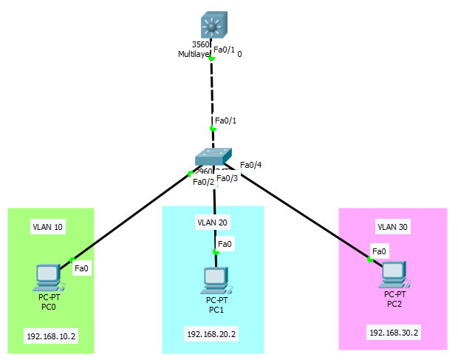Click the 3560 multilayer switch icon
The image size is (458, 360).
[213, 27]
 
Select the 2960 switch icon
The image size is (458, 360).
[214, 157]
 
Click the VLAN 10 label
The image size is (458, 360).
[47, 225]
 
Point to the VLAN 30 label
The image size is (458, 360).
[392, 227]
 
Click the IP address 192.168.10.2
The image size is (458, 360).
[51, 336]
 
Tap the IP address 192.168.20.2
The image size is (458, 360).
[211, 334]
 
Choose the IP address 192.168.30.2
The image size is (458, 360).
[394, 333]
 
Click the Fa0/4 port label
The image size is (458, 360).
[251, 165]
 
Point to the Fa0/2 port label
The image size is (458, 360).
[203, 182]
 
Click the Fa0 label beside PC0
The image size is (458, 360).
[81, 268]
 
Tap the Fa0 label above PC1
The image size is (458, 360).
[225, 243]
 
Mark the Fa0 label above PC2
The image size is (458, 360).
[379, 252]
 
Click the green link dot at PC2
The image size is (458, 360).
[369, 259]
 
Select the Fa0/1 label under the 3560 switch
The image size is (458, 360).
[224, 50]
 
